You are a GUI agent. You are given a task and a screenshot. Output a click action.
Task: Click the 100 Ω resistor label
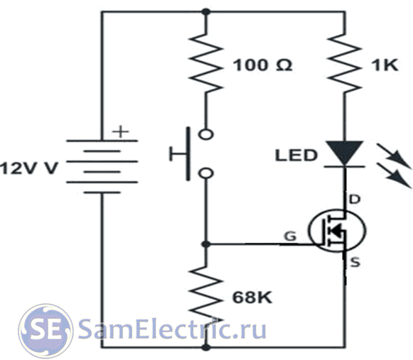(x=262, y=65)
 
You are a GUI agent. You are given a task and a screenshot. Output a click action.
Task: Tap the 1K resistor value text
(x=385, y=65)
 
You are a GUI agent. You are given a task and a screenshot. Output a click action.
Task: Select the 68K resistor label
(x=252, y=298)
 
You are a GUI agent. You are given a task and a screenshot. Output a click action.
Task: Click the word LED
(x=296, y=156)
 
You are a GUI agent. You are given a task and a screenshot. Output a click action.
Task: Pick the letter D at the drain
(x=354, y=200)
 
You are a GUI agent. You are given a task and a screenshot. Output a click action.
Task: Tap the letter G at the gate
(x=290, y=236)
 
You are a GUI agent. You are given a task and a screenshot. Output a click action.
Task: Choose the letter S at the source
(x=355, y=263)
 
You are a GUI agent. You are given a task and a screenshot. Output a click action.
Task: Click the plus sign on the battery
(x=120, y=131)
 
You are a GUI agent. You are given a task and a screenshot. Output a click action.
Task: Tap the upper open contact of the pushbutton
(x=205, y=134)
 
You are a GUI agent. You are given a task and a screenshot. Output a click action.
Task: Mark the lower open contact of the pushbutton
(x=205, y=173)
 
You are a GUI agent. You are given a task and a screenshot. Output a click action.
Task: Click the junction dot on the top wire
(x=206, y=12)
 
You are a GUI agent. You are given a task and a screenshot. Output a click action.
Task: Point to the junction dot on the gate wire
(x=205, y=244)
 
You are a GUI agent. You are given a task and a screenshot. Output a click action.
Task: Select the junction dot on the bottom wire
(x=206, y=348)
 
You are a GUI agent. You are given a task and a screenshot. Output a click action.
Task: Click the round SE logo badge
(x=45, y=330)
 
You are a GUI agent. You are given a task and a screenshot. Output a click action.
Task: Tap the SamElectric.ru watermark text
(x=172, y=328)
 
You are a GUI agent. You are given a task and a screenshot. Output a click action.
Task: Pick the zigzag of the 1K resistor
(x=344, y=63)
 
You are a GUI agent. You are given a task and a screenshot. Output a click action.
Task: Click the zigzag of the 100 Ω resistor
(x=206, y=63)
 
